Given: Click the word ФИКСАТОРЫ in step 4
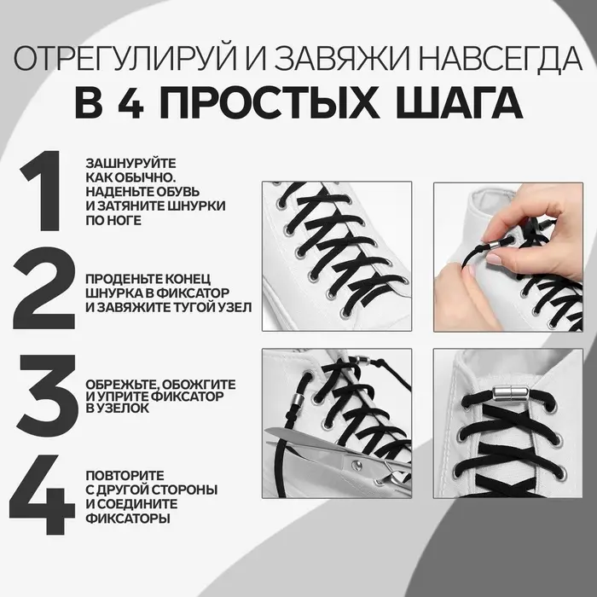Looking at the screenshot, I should pos(122,517).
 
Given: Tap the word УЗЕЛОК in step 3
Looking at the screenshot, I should pos(129,409).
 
